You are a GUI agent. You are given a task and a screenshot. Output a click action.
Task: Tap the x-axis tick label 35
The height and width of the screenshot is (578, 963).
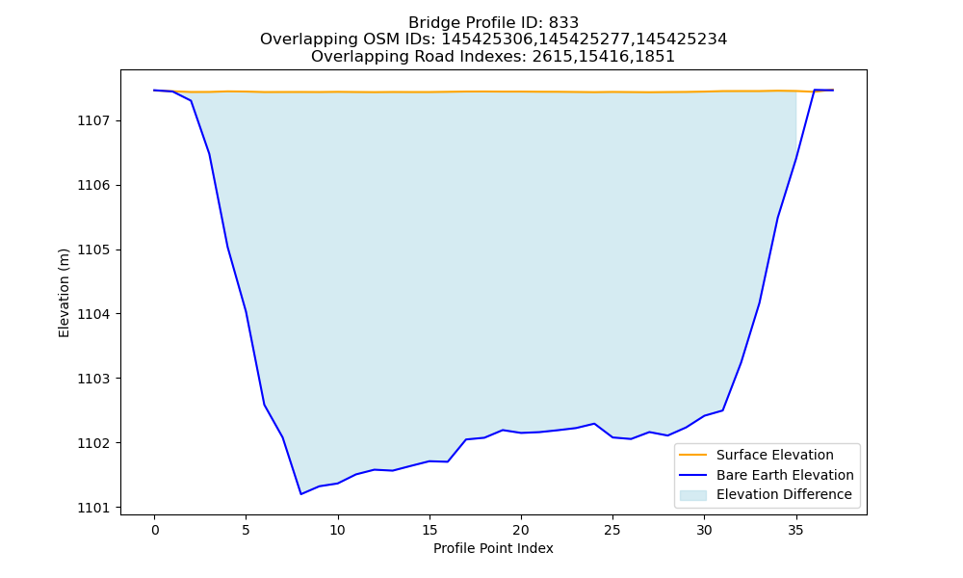pyautogui.click(x=796, y=530)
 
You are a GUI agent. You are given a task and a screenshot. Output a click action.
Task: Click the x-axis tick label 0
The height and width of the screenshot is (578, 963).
pyautogui.click(x=154, y=530)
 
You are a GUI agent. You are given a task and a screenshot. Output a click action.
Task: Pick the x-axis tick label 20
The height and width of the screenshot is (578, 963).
pyautogui.click(x=521, y=530)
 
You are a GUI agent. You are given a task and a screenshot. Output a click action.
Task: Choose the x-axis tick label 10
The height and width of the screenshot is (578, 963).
pyautogui.click(x=337, y=530)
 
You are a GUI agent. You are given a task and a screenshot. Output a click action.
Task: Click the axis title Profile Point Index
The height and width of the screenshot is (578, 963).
pyautogui.click(x=493, y=548)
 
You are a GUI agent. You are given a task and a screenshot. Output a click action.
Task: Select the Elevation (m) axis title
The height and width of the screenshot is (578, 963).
pyautogui.click(x=64, y=293)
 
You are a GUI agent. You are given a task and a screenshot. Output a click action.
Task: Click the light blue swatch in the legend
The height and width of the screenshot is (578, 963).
pyautogui.click(x=692, y=495)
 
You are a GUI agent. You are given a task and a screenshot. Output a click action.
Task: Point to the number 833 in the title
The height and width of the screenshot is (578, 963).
pyautogui.click(x=563, y=23)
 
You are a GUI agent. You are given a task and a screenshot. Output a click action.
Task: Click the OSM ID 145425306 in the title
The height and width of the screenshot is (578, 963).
pyautogui.click(x=486, y=39)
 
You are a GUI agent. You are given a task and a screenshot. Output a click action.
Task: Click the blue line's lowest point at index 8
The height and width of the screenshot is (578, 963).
pyautogui.click(x=300, y=494)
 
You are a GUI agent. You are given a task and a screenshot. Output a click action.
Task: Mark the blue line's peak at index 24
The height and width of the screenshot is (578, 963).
pyautogui.click(x=594, y=423)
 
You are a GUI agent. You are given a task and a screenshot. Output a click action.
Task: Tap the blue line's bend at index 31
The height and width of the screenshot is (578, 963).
pyautogui.click(x=722, y=410)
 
